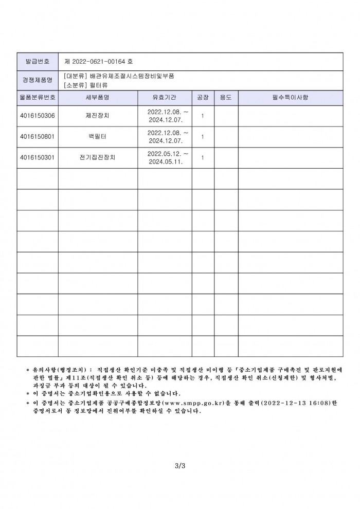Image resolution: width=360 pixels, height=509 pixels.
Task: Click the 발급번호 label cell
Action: click(37, 61)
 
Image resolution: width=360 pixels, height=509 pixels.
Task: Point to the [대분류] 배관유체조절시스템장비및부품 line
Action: click(119, 75)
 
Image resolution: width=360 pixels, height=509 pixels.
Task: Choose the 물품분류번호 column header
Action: click(37, 97)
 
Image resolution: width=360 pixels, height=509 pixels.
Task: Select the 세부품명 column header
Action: click(97, 97)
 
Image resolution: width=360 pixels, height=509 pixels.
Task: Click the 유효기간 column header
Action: click(165, 97)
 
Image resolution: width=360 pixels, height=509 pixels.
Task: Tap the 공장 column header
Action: click(203, 97)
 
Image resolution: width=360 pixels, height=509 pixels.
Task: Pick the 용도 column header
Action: click(226, 97)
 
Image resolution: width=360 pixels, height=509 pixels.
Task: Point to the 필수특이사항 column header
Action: click(290, 97)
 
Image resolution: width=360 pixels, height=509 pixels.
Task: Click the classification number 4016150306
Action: click(37, 116)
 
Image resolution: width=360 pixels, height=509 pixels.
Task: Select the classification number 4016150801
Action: click(37, 137)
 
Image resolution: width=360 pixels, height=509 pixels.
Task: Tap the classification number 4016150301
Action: click(37, 158)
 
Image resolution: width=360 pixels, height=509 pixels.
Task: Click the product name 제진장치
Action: click(97, 116)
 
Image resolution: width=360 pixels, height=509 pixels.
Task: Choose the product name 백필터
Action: click(97, 137)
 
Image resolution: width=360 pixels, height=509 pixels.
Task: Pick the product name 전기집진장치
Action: click(97, 158)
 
